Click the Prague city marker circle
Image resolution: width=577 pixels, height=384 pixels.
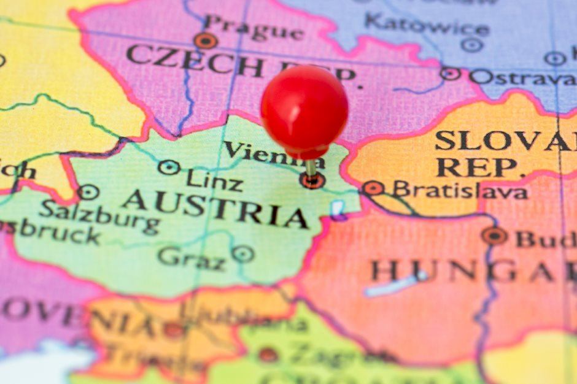click(x=206, y=41)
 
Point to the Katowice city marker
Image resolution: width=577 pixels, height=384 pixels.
click(x=471, y=45)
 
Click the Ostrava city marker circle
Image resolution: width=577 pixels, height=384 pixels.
click(x=450, y=74)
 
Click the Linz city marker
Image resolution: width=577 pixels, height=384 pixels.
click(x=169, y=167)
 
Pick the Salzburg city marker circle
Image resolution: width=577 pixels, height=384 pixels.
click(x=88, y=192)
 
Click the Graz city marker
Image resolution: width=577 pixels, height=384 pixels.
click(x=243, y=253)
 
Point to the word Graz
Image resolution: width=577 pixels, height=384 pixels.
click(x=192, y=257)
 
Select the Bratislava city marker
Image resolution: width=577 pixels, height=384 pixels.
click(x=373, y=188)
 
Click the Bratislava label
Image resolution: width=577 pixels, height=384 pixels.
click(x=460, y=190)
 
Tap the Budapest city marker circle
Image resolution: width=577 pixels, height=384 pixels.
click(x=494, y=236)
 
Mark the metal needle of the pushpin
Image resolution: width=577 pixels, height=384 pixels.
click(x=311, y=168)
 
